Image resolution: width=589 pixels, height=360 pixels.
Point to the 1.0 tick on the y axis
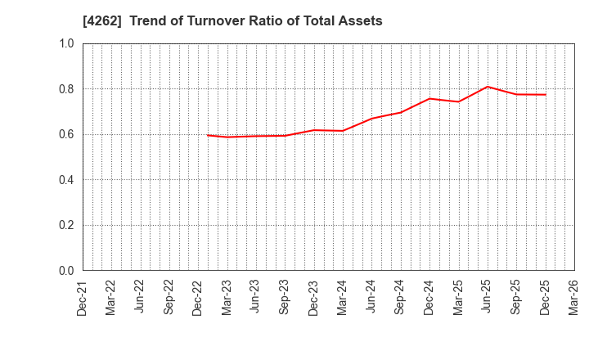66,43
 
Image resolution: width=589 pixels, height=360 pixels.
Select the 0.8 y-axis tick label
66,89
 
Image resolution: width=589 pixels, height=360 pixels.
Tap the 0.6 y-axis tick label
66,134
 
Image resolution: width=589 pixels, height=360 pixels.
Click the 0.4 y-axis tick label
66,180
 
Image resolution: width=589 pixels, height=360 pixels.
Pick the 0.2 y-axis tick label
66,225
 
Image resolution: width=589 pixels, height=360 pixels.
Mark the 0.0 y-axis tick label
66,271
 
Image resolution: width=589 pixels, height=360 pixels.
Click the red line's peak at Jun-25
488,87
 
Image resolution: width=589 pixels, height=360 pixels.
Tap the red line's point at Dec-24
429,99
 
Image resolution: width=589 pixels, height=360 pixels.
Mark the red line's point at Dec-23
314,130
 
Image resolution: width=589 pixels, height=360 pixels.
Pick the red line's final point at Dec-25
545,94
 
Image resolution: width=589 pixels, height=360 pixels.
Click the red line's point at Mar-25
458,101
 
